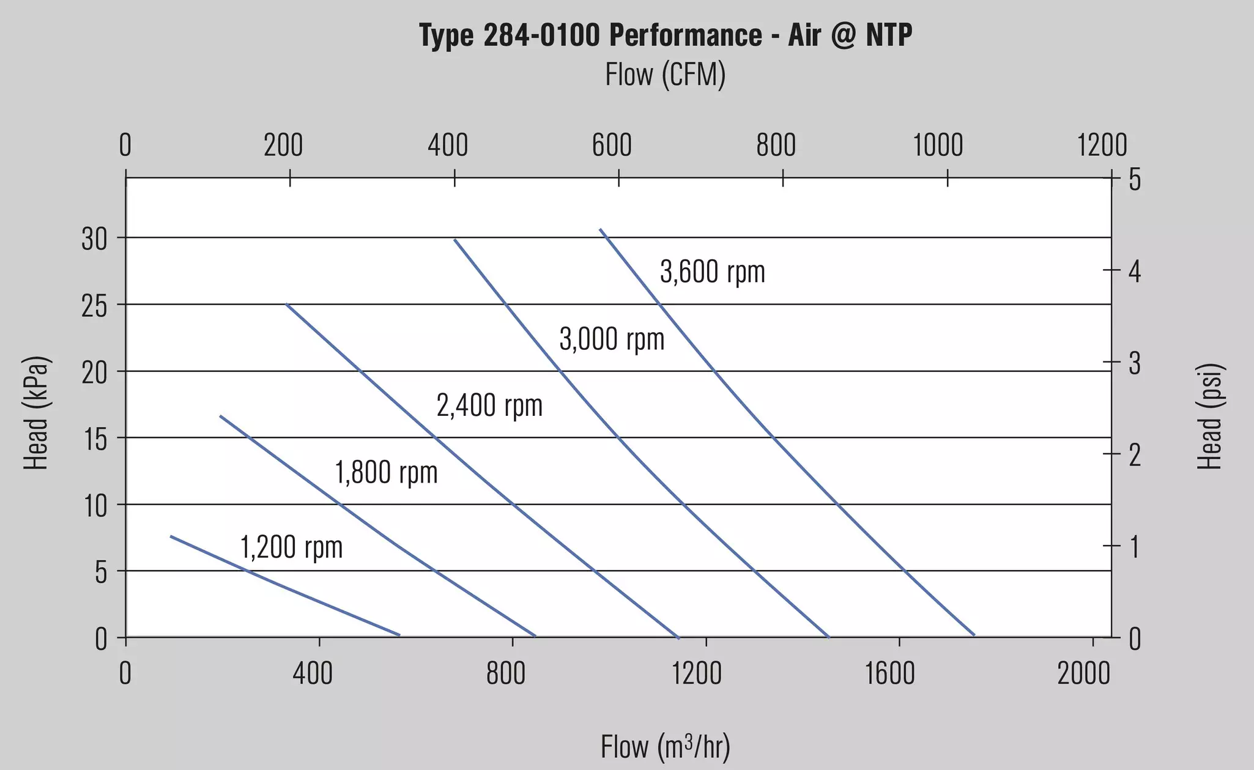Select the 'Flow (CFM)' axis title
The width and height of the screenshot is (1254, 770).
point(666,75)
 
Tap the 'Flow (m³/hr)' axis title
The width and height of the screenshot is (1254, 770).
point(666,747)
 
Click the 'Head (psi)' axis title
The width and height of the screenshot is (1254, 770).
point(1209,416)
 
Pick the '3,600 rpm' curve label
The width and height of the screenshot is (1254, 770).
point(713,272)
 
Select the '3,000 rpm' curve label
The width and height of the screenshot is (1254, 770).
point(612,339)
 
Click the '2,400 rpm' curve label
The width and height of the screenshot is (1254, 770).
point(489,405)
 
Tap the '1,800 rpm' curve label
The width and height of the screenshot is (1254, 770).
point(387,473)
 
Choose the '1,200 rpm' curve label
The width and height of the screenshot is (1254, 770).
point(292,547)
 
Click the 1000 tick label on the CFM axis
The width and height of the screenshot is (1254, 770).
point(938,146)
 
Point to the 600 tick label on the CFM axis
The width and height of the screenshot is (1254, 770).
point(612,146)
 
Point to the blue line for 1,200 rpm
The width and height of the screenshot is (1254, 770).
point(285,586)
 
